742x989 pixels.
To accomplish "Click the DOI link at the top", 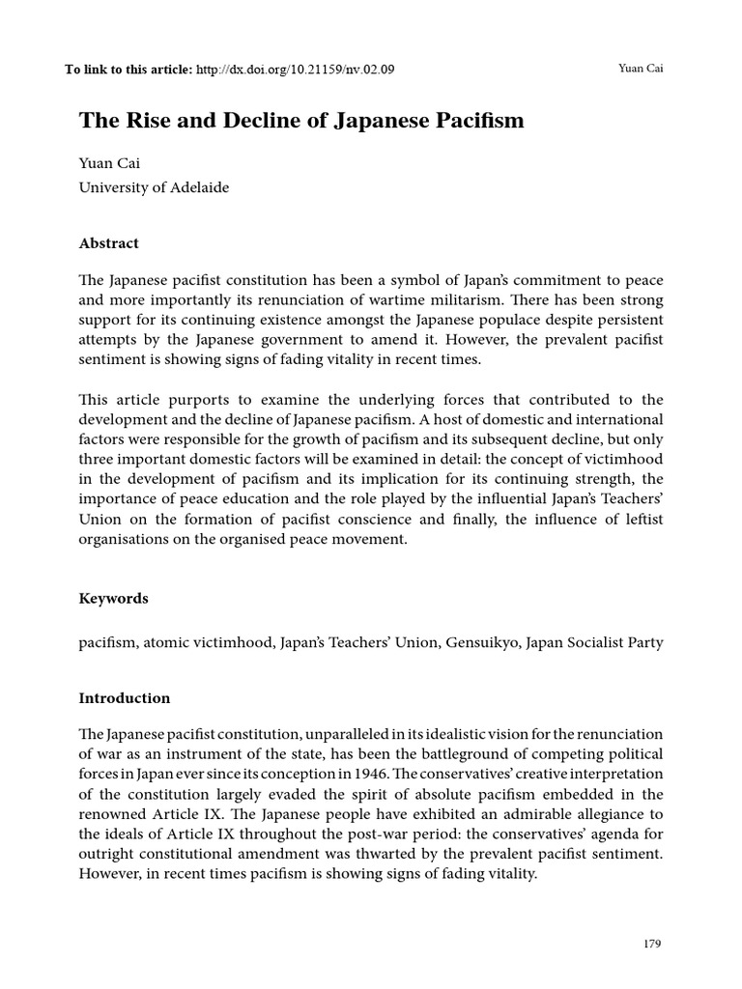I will (x=295, y=70).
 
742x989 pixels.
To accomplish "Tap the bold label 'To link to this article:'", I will (x=128, y=70).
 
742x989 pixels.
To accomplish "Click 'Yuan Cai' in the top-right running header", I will (x=640, y=70).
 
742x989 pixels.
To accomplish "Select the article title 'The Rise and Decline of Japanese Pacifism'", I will (x=301, y=121).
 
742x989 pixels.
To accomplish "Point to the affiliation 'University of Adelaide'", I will (x=154, y=187).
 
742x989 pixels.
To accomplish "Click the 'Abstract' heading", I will (x=108, y=243).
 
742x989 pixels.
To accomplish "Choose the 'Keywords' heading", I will (x=113, y=598).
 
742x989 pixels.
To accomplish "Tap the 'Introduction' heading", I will (x=124, y=697).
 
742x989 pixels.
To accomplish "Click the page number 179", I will (x=652, y=944).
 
